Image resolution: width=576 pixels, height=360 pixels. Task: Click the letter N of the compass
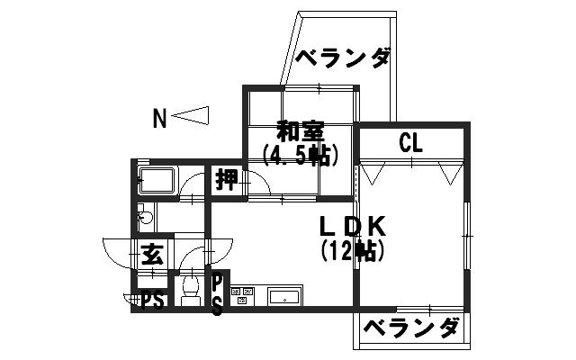pos(159,118)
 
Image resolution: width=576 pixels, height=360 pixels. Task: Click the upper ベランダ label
pos(342,58)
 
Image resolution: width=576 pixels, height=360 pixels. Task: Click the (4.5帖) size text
pos(300,156)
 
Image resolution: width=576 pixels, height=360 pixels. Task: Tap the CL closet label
pos(410,143)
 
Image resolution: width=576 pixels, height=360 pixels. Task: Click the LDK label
pos(353,226)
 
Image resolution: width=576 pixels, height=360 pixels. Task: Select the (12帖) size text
pos(353,250)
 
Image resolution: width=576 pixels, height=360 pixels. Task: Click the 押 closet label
pos(227,180)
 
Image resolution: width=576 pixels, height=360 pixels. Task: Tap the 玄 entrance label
pos(152,254)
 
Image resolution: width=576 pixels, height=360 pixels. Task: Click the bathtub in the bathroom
pos(157,180)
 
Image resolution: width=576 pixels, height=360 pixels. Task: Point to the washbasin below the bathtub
pos(146,217)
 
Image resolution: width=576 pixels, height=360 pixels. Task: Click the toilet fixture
pos(191,290)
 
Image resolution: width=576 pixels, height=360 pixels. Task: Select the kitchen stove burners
pos(242,296)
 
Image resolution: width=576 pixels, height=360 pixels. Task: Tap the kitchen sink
pos(284,297)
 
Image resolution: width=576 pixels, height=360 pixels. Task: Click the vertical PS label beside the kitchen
pos(218,296)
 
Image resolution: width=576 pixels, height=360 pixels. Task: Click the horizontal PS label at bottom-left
pos(152,302)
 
